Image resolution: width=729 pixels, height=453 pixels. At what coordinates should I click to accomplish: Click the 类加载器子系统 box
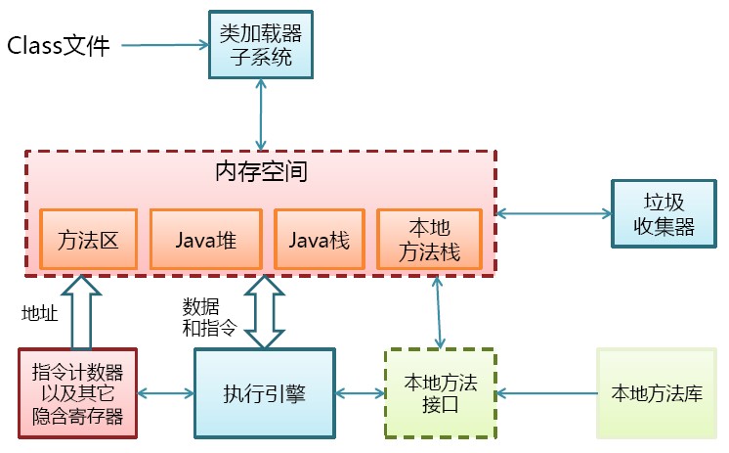tap(261, 45)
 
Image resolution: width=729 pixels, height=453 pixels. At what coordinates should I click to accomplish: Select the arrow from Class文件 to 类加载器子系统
tap(166, 45)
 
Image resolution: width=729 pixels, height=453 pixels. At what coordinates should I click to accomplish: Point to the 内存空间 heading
tap(261, 173)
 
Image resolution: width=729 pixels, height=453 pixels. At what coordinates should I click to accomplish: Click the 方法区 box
tap(88, 239)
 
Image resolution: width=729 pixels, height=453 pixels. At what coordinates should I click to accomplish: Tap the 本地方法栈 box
tap(429, 239)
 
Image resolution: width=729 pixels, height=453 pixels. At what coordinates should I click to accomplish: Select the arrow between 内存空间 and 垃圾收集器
tap(553, 212)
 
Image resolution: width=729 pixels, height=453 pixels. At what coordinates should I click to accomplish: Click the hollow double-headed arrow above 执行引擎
tap(265, 311)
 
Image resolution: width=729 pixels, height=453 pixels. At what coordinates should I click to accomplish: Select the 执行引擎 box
tap(264, 393)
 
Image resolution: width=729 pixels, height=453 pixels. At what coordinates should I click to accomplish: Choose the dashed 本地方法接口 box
tap(439, 393)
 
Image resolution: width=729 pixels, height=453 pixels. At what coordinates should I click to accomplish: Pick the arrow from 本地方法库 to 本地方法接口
tap(547, 393)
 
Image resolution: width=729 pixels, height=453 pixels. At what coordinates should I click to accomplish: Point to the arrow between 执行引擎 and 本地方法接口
tap(360, 393)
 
